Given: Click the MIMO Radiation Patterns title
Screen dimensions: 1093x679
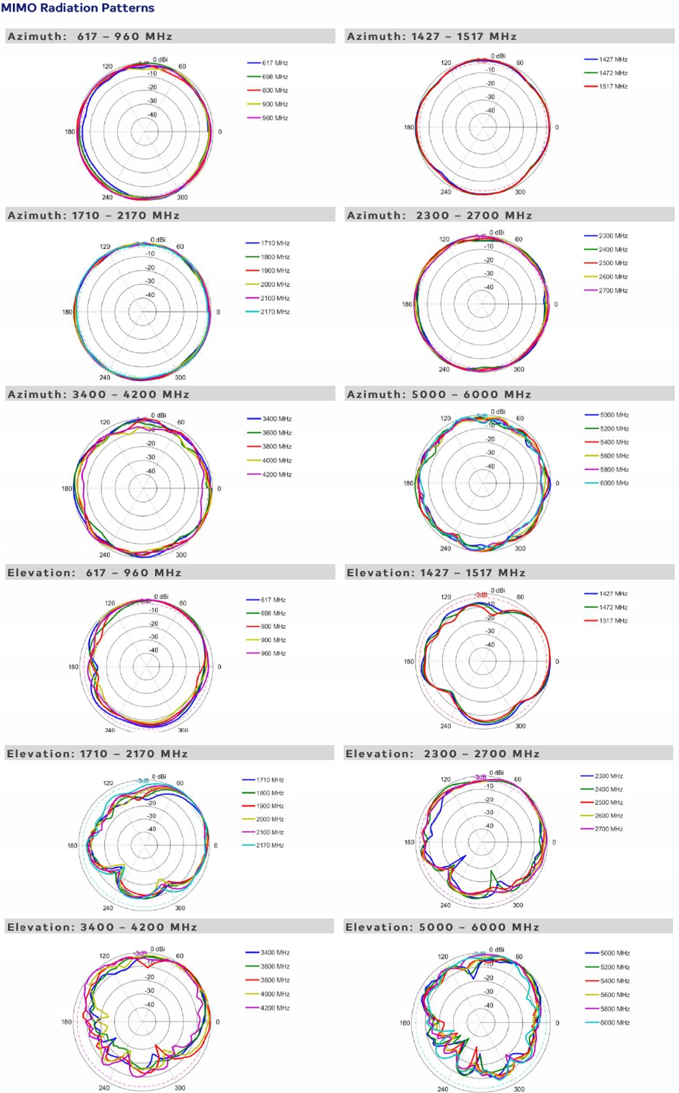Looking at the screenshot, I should [78, 8].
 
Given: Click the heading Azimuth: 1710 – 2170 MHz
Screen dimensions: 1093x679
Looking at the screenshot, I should [93, 215].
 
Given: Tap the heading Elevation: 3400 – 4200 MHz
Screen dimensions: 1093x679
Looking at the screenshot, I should [102, 927].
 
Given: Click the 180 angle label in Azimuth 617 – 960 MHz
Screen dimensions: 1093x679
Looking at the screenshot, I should [70, 132].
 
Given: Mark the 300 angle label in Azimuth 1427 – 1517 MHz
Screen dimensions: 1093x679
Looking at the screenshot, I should [519, 192].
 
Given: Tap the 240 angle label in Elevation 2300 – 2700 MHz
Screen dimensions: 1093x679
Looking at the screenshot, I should [445, 905].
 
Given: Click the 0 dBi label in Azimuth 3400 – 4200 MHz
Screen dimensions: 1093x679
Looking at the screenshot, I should [158, 415].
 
